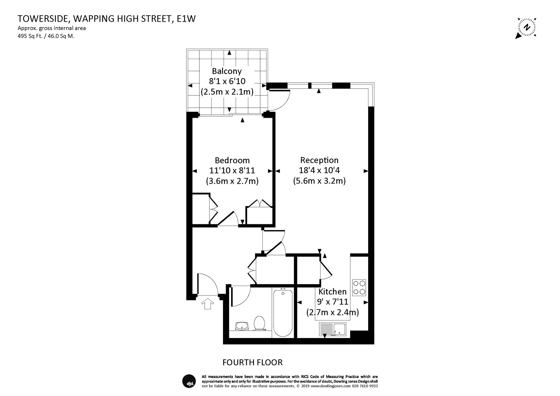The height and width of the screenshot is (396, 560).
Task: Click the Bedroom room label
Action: pos(232,160)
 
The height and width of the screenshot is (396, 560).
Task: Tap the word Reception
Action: pos(319,160)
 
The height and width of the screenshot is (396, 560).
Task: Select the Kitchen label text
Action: pos(333,292)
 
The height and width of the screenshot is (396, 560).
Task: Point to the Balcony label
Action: pos(227,71)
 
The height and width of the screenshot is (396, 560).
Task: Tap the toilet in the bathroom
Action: pos(259,323)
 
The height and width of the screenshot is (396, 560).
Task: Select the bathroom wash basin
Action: pos(242,326)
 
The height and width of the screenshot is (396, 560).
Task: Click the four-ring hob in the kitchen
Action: pos(359,288)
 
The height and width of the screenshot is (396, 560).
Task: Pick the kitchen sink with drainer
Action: pos(333,329)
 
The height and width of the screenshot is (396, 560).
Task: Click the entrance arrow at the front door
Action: pos(208,304)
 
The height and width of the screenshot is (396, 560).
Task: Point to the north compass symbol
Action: pos(527,28)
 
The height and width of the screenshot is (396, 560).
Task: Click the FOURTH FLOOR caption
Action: pos(252,362)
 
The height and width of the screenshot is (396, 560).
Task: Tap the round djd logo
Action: pos(189,381)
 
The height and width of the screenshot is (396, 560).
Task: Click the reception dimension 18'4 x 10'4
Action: pos(319,170)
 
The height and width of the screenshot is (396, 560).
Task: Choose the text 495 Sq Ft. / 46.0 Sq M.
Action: pos(46,36)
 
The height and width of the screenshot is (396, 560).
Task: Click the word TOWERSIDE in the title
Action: pos(43,19)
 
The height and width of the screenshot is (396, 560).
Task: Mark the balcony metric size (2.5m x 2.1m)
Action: pos(227,92)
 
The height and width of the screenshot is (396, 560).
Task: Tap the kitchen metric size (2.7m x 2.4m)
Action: pos(333,312)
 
